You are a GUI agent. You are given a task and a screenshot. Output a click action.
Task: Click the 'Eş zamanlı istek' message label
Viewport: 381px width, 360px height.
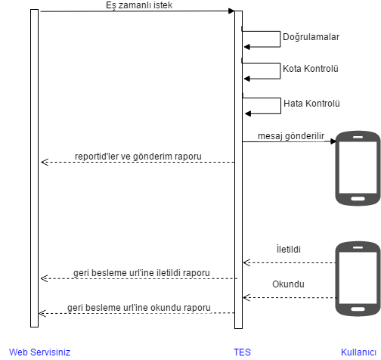(139, 5)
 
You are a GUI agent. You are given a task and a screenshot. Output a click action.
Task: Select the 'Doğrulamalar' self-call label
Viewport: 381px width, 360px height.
(311, 37)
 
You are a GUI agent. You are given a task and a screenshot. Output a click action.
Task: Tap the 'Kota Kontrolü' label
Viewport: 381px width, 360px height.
(311, 69)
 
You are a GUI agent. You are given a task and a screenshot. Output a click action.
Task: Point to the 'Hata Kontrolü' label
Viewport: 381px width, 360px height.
(311, 104)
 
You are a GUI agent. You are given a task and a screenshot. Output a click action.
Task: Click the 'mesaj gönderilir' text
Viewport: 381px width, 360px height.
(291, 136)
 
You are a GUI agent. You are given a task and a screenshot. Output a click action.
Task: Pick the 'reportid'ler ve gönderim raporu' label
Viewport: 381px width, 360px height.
(138, 157)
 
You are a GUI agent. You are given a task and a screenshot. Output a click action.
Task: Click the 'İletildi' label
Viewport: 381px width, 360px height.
(289, 249)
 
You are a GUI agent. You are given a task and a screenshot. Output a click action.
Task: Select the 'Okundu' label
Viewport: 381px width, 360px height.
(288, 284)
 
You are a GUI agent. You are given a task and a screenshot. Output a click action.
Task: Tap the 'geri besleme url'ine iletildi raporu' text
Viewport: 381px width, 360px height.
(141, 273)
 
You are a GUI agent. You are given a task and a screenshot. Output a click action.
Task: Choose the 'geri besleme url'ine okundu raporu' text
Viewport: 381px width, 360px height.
(139, 308)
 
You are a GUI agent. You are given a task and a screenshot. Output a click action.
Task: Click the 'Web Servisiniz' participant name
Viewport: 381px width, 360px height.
(39, 352)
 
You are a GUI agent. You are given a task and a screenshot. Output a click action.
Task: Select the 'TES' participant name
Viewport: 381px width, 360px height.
(242, 352)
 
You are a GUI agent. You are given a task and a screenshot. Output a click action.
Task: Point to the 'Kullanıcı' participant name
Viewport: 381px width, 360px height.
(358, 352)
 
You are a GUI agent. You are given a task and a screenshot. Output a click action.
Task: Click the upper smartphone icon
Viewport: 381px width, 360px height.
(358, 168)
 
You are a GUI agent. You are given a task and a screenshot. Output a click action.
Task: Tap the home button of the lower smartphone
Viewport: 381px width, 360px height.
(358, 309)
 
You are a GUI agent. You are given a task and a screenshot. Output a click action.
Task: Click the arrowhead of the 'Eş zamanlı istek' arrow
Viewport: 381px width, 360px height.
(231, 11)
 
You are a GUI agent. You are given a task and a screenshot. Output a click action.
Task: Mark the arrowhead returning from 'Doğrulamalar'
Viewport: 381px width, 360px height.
(247, 47)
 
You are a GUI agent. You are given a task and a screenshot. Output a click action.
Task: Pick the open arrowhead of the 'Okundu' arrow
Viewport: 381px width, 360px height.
(246, 297)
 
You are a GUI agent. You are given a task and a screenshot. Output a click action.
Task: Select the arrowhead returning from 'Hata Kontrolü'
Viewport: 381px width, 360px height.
(248, 113)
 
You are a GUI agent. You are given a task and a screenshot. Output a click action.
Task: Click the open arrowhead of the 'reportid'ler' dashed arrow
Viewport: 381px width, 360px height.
(45, 162)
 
